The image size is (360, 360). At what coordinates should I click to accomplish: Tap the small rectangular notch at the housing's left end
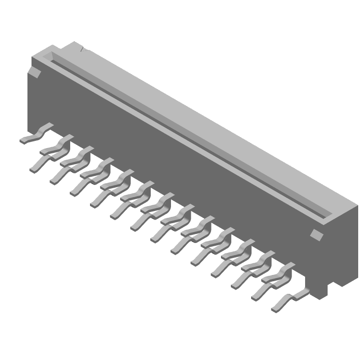(34, 72)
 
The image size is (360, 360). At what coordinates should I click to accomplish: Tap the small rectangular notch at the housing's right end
(317, 234)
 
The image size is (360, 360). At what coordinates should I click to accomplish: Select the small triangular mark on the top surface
(82, 50)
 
